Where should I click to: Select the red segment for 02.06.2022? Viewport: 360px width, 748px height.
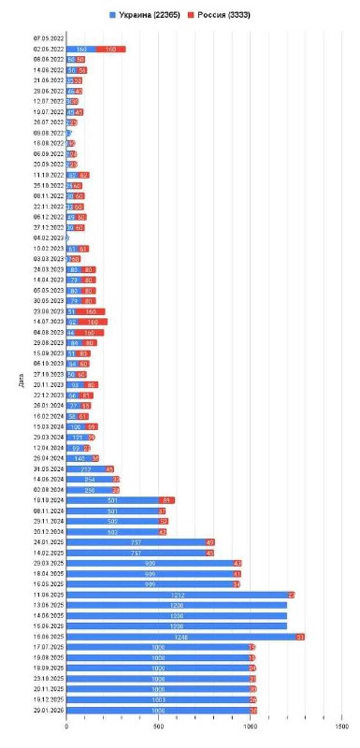[x=111, y=49]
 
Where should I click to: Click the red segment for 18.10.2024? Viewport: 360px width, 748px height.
[x=167, y=500]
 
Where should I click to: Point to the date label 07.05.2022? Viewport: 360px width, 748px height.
[x=49, y=39]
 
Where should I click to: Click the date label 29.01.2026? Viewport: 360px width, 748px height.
[x=49, y=710]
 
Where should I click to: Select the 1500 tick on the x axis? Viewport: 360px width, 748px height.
[x=341, y=727]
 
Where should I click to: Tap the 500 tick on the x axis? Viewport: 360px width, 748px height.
[x=159, y=727]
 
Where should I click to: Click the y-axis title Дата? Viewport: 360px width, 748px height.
[x=21, y=380]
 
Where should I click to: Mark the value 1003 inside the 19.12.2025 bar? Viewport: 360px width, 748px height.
[x=159, y=700]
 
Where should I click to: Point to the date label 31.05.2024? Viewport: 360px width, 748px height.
[x=49, y=469]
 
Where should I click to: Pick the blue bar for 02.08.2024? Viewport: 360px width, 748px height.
[x=89, y=490]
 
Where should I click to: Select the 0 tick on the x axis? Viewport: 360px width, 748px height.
[x=67, y=727]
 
